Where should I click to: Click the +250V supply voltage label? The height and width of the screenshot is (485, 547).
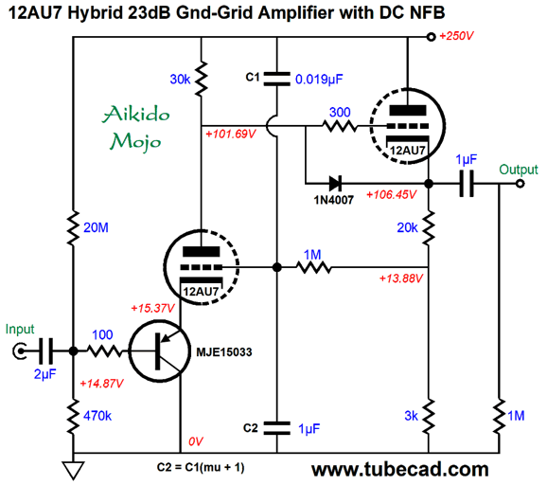coord(456,36)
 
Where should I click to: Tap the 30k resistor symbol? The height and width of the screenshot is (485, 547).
coord(201,79)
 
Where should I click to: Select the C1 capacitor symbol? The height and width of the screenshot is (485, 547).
coord(277,79)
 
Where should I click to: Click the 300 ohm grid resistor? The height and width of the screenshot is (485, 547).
coord(340,126)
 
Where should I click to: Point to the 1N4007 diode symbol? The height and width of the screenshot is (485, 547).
coord(335,183)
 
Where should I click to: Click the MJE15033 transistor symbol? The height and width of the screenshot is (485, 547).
coord(160,351)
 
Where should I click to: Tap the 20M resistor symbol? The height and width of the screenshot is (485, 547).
coord(73,228)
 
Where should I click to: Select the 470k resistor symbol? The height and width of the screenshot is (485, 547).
coord(73,417)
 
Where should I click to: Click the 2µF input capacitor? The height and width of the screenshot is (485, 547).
coord(46,351)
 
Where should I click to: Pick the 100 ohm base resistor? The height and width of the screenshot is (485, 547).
coord(105,351)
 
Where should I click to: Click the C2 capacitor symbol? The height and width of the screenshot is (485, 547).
coord(277,428)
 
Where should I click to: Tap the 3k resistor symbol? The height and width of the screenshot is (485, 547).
coord(429,416)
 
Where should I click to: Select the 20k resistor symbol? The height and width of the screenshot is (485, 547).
coord(429,227)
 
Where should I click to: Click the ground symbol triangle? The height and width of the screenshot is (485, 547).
coord(73,470)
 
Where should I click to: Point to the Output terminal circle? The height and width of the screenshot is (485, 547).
coord(521,184)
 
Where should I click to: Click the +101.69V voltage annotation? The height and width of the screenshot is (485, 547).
coord(231,135)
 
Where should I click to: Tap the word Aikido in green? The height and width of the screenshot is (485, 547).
coord(136,115)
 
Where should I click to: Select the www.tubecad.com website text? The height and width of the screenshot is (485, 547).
coord(399,470)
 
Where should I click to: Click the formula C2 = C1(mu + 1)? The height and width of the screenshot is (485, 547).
coord(201,467)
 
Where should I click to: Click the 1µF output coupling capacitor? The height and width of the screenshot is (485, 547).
coord(467,184)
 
